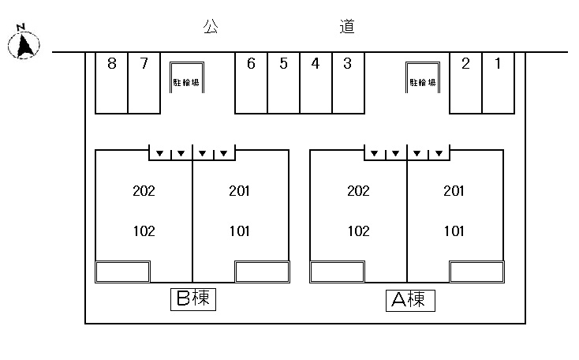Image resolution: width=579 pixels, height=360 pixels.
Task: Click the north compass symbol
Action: [24, 43]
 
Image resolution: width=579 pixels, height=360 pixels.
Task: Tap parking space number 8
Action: [112, 64]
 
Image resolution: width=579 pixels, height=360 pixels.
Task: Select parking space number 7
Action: [144, 64]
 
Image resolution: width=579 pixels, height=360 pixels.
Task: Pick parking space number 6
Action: [251, 64]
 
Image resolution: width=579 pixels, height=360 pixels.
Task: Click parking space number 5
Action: [283, 64]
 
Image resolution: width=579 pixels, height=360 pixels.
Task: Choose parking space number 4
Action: [316, 64]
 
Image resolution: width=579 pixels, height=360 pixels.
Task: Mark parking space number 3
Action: [347, 64]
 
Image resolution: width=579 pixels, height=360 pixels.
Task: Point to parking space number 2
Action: [465, 64]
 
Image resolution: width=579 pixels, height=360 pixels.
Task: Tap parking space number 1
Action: [498, 64]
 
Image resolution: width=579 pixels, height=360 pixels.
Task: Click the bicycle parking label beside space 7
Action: [186, 82]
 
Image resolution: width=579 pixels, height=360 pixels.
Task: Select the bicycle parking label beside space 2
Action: [422, 82]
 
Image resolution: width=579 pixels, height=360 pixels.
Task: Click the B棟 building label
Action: [194, 298]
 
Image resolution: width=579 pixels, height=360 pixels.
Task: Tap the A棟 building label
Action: [409, 299]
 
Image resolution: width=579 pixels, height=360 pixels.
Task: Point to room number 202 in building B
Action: [144, 191]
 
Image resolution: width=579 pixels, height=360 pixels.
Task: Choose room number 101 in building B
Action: [239, 231]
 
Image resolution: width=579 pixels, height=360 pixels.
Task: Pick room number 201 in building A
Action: [454, 191]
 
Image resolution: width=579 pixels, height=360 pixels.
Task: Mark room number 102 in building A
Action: [358, 231]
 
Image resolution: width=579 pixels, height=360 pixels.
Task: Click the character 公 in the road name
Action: [210, 27]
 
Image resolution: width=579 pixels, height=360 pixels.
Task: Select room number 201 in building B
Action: [239, 191]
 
